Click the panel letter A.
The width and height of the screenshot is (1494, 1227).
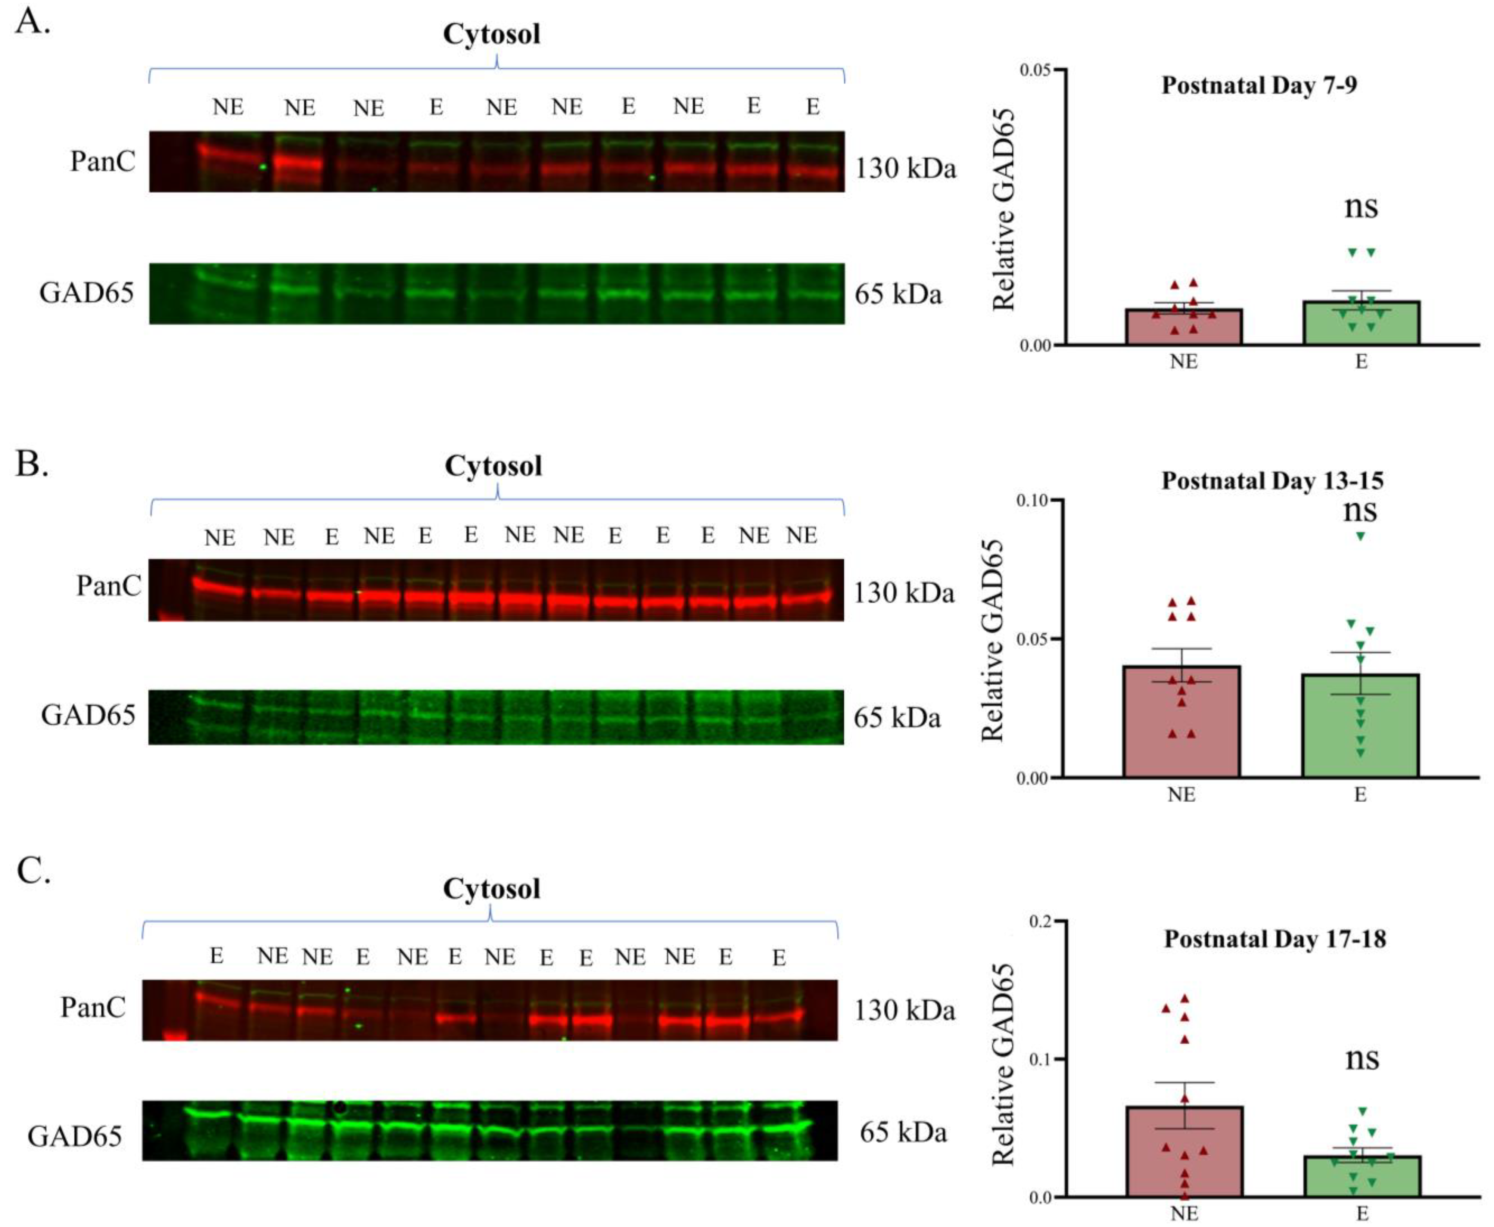(x=32, y=23)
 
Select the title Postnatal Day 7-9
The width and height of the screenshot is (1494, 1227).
(x=1259, y=86)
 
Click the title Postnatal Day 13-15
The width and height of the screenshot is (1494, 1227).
(x=1272, y=481)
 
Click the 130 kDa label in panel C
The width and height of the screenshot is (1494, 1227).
(x=905, y=1011)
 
